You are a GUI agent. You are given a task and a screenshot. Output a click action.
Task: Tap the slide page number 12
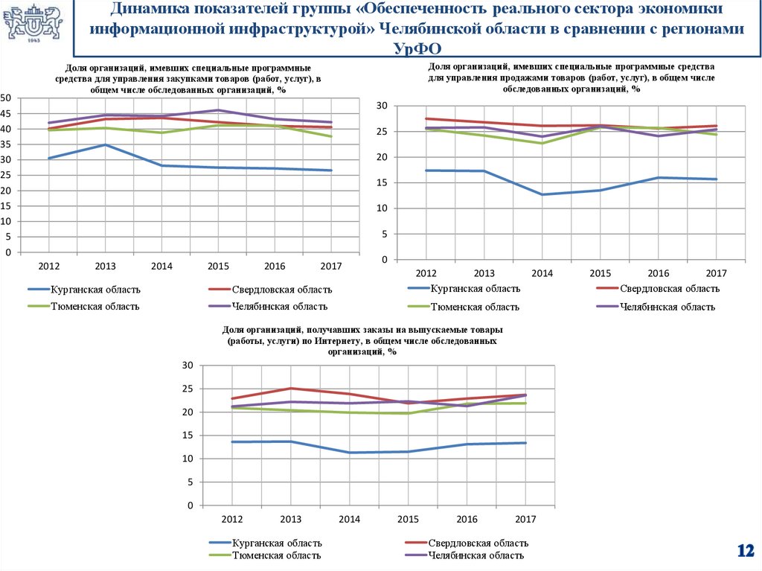(745, 551)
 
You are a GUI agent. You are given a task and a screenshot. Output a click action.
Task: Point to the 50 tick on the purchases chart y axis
(6, 98)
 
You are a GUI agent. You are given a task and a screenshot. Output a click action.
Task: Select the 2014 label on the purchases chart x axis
(161, 266)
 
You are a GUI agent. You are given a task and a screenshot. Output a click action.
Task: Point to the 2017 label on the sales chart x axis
(715, 273)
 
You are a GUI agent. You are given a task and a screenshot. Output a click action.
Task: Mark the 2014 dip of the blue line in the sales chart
(542, 194)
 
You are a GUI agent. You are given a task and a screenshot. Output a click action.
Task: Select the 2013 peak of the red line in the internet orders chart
(291, 388)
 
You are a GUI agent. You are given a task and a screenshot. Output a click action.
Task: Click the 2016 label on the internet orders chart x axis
(467, 519)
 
